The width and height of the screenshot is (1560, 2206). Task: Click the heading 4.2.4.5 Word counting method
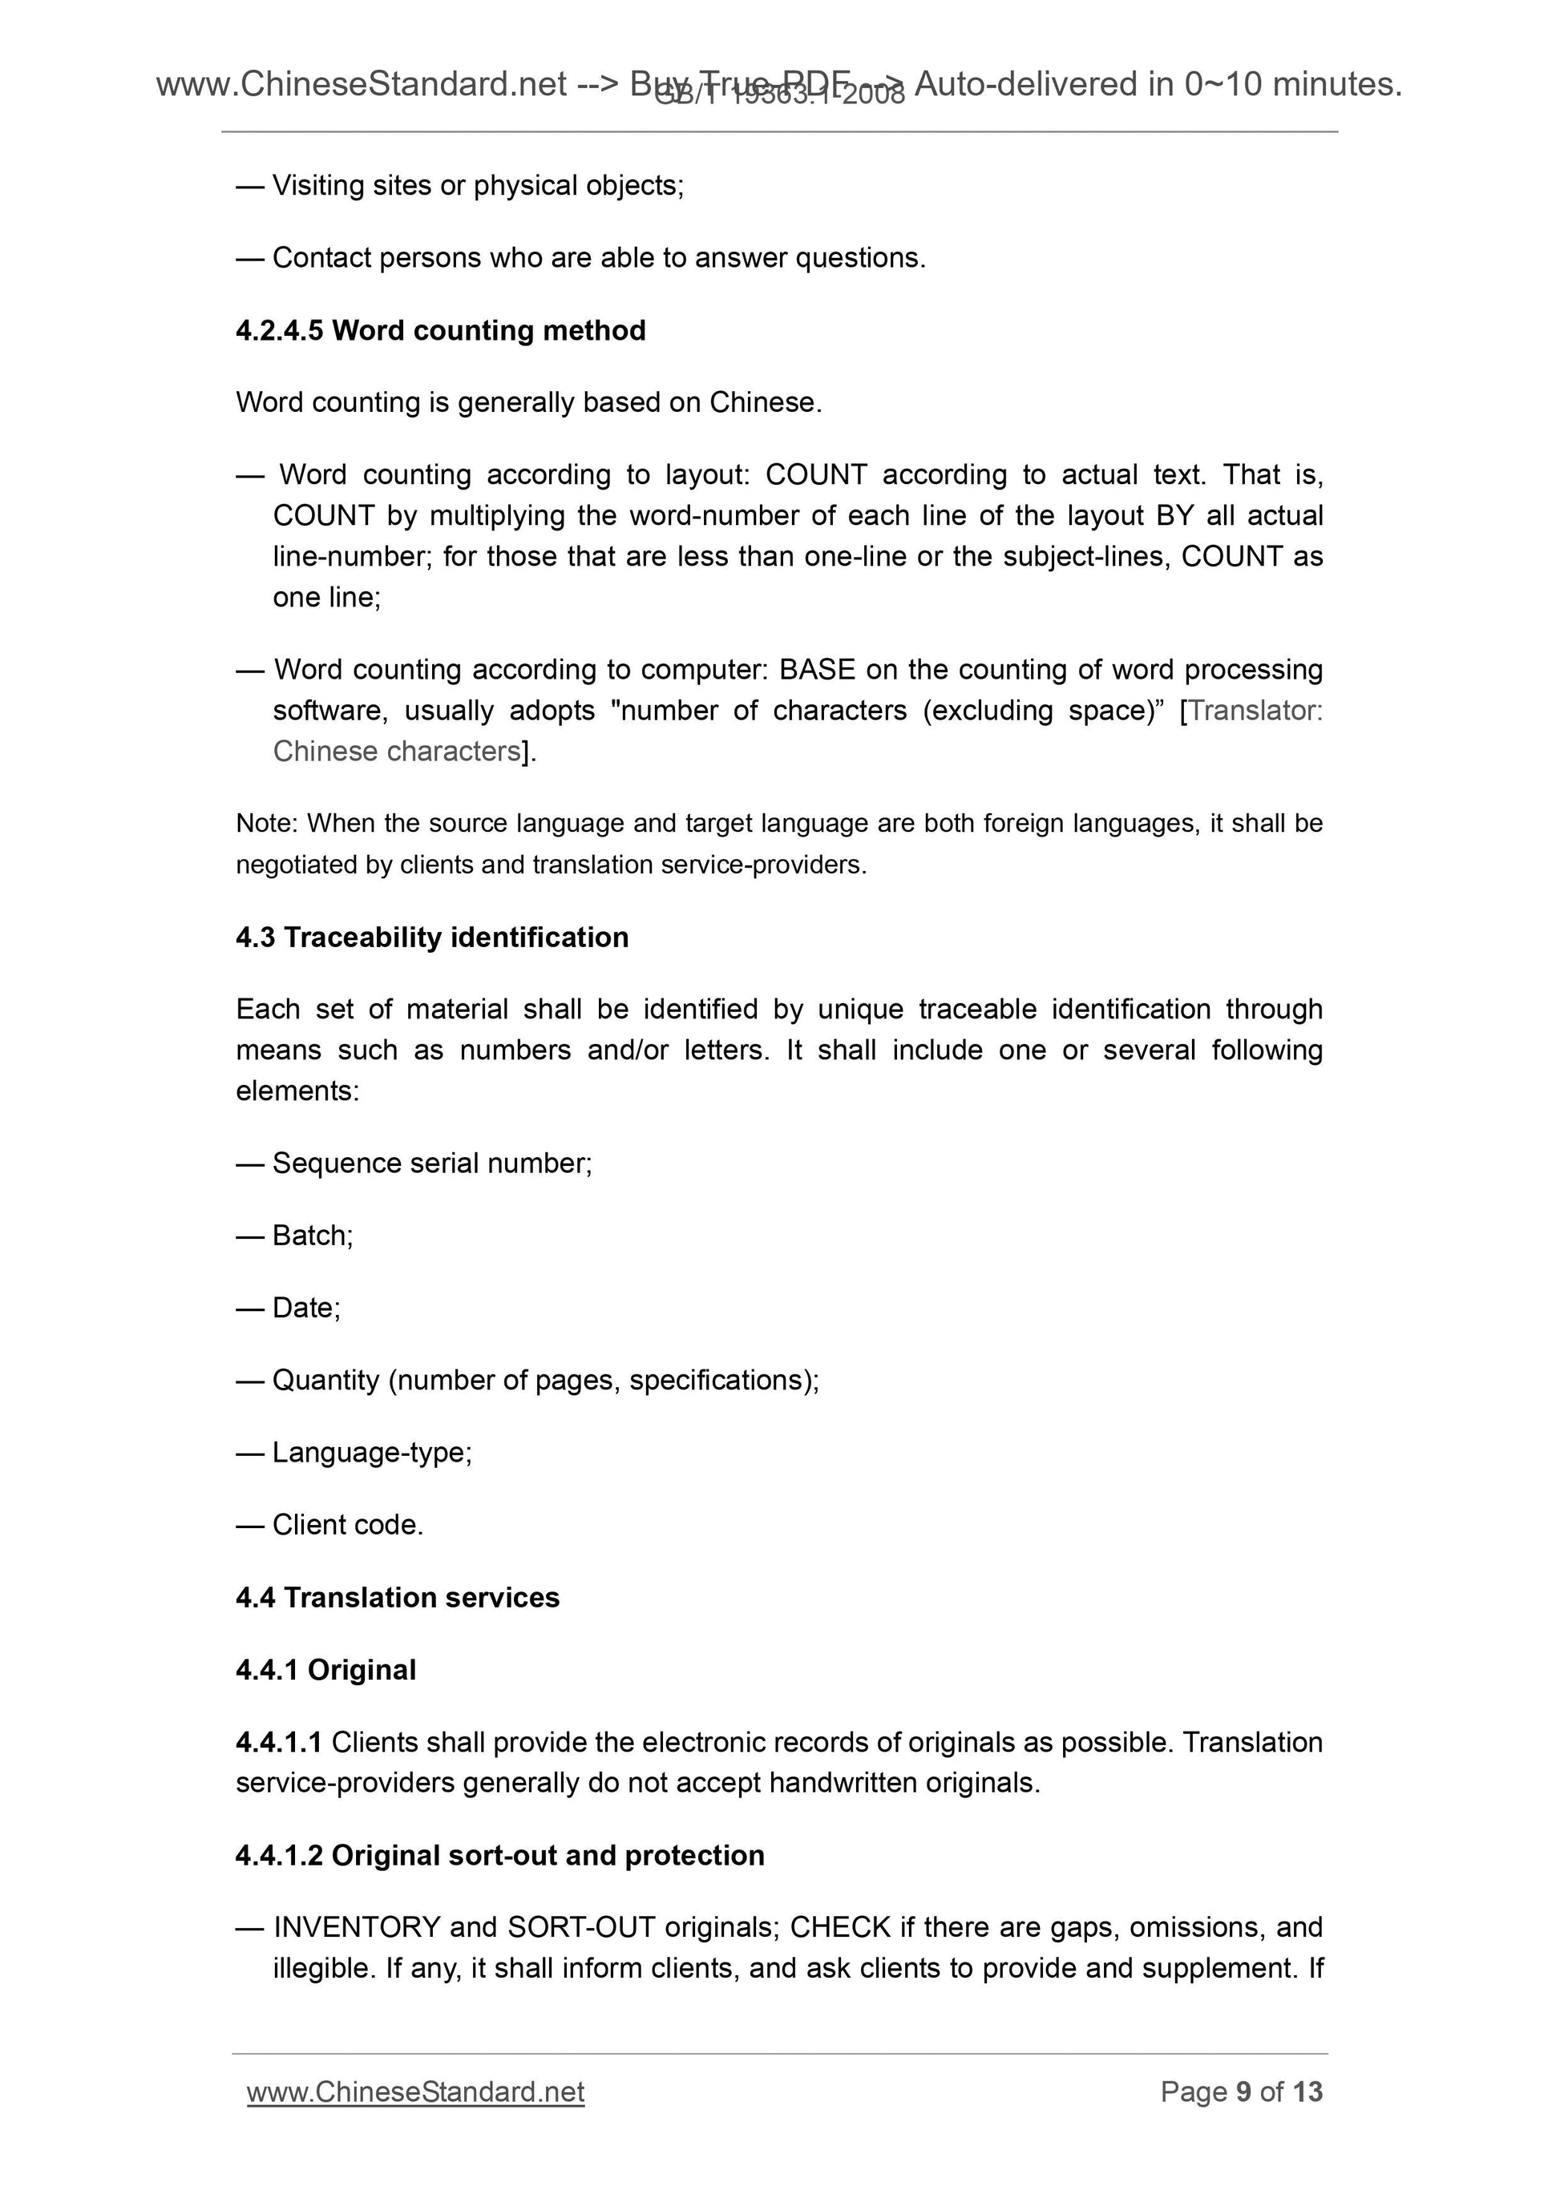coord(440,330)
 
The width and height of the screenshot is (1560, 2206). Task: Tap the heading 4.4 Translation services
coord(397,1597)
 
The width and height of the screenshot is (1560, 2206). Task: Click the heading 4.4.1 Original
coord(325,1670)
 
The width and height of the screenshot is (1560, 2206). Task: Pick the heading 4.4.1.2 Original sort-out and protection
coord(499,1855)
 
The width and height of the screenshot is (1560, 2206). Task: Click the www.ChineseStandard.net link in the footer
coord(415,2091)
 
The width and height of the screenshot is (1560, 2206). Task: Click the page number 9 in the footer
coord(1243,2091)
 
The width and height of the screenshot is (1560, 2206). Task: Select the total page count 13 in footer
coord(1307,2091)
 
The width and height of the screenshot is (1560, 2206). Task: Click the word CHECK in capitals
coord(840,1927)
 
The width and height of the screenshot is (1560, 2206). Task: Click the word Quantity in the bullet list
coord(325,1381)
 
